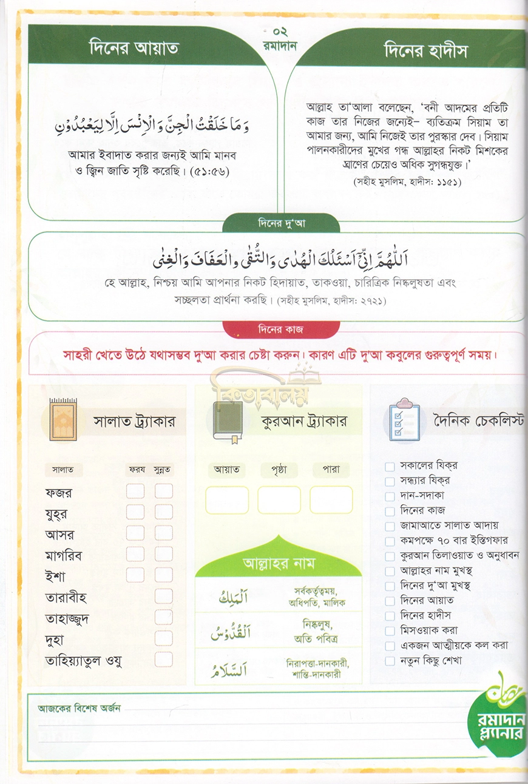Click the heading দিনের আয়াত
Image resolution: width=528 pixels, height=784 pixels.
pyautogui.click(x=134, y=48)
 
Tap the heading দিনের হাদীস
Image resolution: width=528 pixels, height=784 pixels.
pyautogui.click(x=426, y=51)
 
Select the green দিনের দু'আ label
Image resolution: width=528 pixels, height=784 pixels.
pyautogui.click(x=280, y=223)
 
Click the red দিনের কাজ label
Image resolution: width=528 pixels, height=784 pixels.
pyautogui.click(x=280, y=329)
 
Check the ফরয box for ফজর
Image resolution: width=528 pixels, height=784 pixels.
pyautogui.click(x=135, y=491)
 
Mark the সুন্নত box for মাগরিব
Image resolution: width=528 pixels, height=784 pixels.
pyautogui.click(x=164, y=554)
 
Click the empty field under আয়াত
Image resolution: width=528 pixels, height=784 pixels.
pyautogui.click(x=227, y=500)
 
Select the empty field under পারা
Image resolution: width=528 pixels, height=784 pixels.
pyautogui.click(x=331, y=500)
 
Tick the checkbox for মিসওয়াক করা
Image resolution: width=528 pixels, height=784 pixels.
pyautogui.click(x=390, y=630)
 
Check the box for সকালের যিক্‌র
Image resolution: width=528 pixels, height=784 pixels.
pyautogui.click(x=390, y=466)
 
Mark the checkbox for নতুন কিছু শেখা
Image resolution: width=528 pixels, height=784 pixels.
pyautogui.click(x=390, y=660)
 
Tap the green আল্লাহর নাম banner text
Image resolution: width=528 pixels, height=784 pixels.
pyautogui.click(x=278, y=563)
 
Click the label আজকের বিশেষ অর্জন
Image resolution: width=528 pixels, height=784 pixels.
pyautogui.click(x=80, y=708)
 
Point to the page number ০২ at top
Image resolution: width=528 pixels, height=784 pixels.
pyautogui.click(x=280, y=32)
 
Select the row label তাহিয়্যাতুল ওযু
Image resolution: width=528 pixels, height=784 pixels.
pyautogui.click(x=84, y=660)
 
